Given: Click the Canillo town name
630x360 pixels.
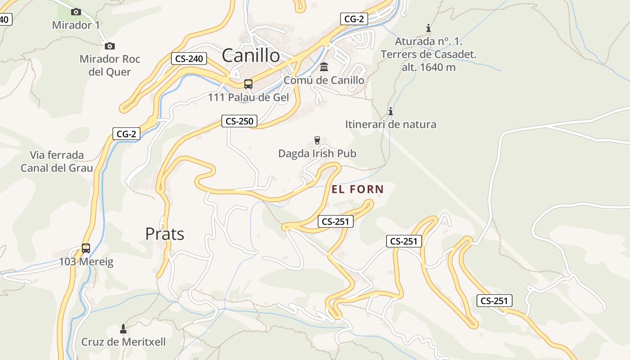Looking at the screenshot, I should pyautogui.click(x=251, y=56).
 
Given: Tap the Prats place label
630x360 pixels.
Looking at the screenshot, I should pyautogui.click(x=165, y=234).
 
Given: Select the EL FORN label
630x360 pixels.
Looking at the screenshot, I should pyautogui.click(x=358, y=189).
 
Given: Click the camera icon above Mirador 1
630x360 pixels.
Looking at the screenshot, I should pyautogui.click(x=76, y=12).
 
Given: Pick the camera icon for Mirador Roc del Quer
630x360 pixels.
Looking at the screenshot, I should pyautogui.click(x=109, y=46).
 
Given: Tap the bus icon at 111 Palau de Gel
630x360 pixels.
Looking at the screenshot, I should pyautogui.click(x=248, y=84).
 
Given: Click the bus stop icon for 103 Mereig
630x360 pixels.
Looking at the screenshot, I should pyautogui.click(x=85, y=248).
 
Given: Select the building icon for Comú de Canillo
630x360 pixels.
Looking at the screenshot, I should pyautogui.click(x=324, y=67).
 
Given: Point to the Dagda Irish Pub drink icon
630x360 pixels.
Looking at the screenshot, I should pyautogui.click(x=317, y=140).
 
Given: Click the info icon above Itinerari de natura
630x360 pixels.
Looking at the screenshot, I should pyautogui.click(x=391, y=111).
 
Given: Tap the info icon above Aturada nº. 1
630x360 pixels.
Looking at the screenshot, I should pyautogui.click(x=428, y=28).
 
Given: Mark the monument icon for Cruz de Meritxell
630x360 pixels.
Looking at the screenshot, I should pyautogui.click(x=123, y=328).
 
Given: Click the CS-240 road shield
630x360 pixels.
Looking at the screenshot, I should pyautogui.click(x=189, y=58).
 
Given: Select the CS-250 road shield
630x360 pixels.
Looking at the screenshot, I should pyautogui.click(x=239, y=121).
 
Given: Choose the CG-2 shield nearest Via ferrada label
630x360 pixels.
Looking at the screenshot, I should pyautogui.click(x=126, y=134).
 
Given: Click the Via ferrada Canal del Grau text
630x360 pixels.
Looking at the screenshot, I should pyautogui.click(x=57, y=162).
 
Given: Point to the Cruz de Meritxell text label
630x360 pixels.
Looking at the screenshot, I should pyautogui.click(x=123, y=342).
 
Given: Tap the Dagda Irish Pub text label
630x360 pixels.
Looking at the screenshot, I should pyautogui.click(x=317, y=153).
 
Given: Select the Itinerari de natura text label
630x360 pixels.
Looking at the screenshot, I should pyautogui.click(x=391, y=124).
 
